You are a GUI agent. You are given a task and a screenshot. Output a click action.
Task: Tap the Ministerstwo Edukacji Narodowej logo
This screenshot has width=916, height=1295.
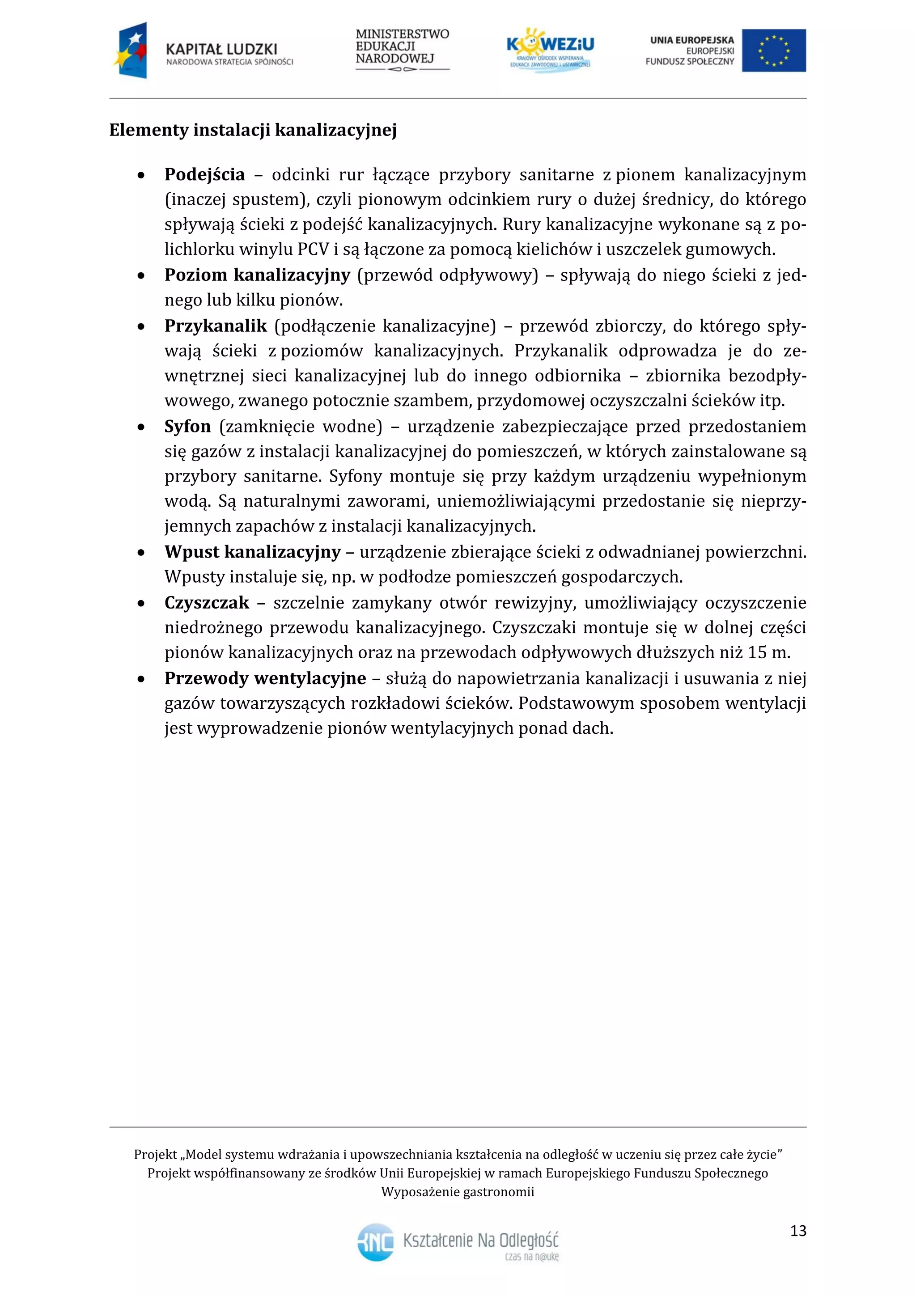click(402, 50)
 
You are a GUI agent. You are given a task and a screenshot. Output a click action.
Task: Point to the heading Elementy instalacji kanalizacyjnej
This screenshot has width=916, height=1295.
click(253, 130)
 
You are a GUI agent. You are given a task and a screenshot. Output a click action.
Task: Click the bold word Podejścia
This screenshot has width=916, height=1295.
click(204, 175)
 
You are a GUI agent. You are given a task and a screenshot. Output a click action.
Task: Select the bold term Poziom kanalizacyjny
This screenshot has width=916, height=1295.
click(257, 275)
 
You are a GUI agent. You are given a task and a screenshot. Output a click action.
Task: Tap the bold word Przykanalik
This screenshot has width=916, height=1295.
click(216, 326)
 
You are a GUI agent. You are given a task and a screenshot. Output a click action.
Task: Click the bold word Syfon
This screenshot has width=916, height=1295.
click(187, 427)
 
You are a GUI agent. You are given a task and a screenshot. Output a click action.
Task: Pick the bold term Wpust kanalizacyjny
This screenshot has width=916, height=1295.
click(252, 552)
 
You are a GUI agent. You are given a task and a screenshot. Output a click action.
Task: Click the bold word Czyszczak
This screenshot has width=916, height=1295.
click(207, 603)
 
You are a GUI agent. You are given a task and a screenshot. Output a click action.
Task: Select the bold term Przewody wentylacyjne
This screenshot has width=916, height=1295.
click(265, 678)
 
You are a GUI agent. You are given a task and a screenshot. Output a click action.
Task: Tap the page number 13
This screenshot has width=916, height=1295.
click(798, 1231)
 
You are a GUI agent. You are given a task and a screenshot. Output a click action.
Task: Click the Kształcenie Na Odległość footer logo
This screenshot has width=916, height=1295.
click(458, 1243)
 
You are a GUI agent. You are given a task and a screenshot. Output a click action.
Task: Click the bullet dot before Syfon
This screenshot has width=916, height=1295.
click(141, 427)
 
